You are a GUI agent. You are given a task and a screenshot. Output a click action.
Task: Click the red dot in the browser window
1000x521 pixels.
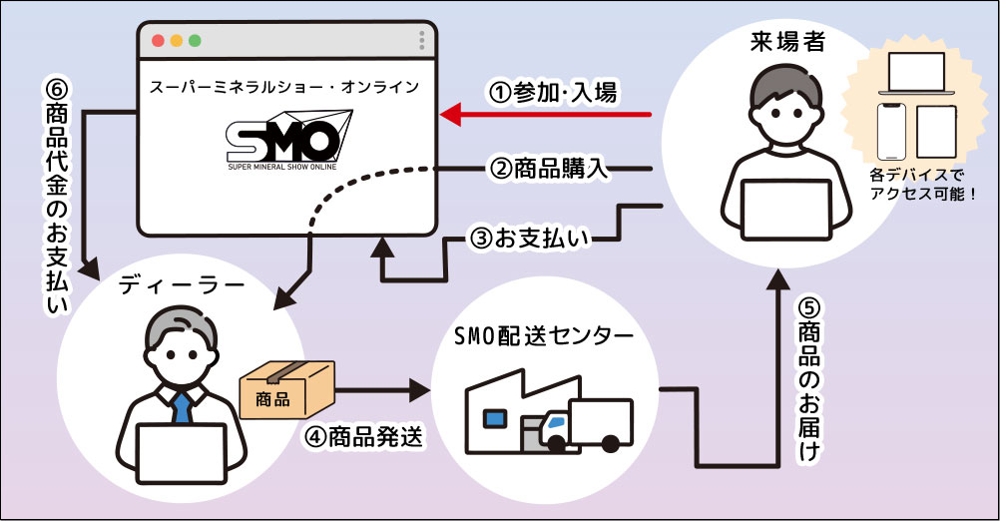(x=157, y=41)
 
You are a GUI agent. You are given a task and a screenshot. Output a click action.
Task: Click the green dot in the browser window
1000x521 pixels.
(x=195, y=41)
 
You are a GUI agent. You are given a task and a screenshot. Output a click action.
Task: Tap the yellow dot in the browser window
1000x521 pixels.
(x=176, y=41)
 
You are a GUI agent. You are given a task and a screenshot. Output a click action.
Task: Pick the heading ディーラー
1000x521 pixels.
(x=182, y=286)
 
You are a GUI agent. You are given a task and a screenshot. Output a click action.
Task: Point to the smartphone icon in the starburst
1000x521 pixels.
(x=892, y=128)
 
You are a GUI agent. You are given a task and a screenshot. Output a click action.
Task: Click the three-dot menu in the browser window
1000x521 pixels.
(x=422, y=41)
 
